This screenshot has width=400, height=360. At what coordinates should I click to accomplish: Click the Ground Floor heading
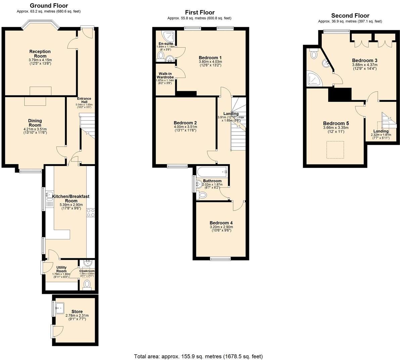coord(49,6)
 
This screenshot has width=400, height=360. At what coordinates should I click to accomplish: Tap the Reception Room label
coord(40,54)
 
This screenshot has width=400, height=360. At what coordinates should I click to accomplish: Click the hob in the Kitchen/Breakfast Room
coord(91,212)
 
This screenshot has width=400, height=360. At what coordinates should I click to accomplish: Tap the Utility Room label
coord(61,269)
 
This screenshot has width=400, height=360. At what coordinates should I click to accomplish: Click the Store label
coord(77,312)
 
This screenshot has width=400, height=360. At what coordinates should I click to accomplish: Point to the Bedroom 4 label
coord(221,223)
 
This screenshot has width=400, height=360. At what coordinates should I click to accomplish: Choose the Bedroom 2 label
coord(185,123)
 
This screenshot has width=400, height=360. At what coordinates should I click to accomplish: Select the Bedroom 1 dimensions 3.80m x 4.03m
coord(210,62)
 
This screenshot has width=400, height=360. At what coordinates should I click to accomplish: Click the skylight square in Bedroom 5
coord(335,150)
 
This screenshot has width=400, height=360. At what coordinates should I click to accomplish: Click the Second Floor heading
coord(350,15)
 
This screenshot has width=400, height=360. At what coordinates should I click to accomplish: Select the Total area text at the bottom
coord(198,356)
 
